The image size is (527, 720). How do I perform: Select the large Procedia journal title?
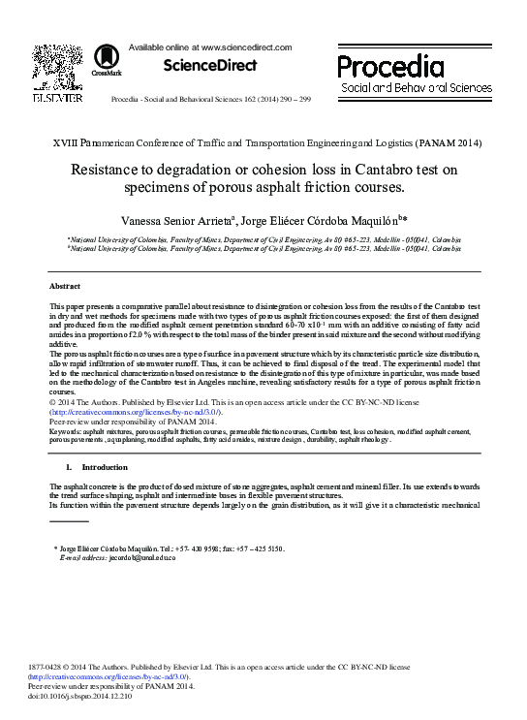tap(390, 66)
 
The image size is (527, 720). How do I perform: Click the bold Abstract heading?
tap(65, 287)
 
